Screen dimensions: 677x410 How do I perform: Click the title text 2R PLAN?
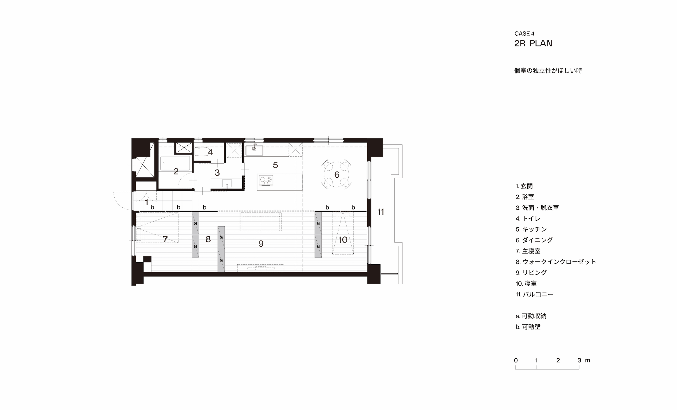[533, 43]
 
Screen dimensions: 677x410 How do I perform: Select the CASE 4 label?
[524, 34]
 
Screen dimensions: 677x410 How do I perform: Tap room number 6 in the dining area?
[337, 174]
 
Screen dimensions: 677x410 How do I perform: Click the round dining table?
[337, 174]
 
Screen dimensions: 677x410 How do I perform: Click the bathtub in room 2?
[175, 163]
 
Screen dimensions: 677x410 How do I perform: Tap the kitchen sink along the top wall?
[254, 150]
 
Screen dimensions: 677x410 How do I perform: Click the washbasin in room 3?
[227, 184]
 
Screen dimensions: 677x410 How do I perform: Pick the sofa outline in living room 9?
[261, 222]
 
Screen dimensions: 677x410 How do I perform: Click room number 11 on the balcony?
[380, 212]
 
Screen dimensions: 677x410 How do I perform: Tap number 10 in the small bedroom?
[343, 240]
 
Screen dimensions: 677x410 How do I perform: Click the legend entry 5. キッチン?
[531, 229]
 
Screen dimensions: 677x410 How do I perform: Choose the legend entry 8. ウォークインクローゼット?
[556, 262]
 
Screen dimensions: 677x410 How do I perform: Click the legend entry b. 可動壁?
[528, 327]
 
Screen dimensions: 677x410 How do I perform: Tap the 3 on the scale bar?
[579, 360]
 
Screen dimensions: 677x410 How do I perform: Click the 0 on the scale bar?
[516, 360]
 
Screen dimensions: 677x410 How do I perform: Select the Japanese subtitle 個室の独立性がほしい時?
[548, 71]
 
